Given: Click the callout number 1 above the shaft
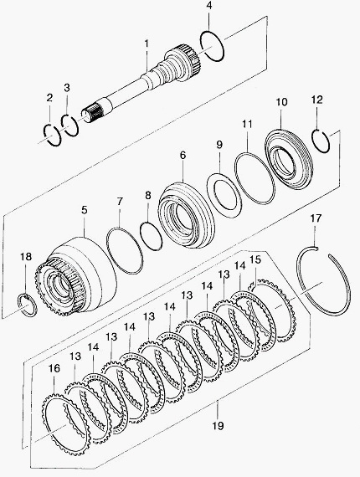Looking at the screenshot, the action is pyautogui.click(x=147, y=44).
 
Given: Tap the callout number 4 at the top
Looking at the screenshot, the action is pyautogui.click(x=208, y=7).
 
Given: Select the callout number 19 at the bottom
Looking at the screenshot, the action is pyautogui.click(x=218, y=425).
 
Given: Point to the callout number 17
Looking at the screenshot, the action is pyautogui.click(x=316, y=218).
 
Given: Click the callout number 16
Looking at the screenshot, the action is pyautogui.click(x=54, y=368).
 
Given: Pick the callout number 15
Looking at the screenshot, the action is pyautogui.click(x=255, y=259).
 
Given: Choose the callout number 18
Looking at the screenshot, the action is pyautogui.click(x=26, y=256).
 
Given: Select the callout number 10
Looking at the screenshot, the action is pyautogui.click(x=282, y=102).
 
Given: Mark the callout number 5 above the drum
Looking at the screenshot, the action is pyautogui.click(x=85, y=210).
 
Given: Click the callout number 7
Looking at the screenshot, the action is pyautogui.click(x=120, y=201).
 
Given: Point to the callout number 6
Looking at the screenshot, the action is pyautogui.click(x=183, y=155).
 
